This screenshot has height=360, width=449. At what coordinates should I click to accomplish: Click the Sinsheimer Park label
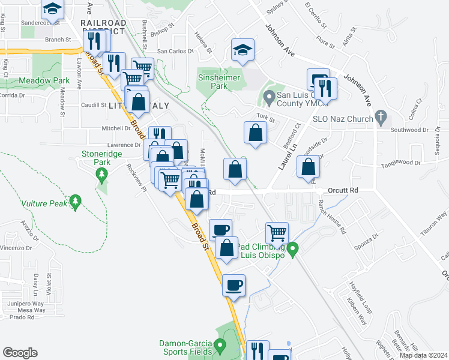coord(219,82)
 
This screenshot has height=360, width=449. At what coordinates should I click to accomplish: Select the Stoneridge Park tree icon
coord(101,175)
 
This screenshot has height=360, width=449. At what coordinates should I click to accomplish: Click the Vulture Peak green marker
coord(75,202)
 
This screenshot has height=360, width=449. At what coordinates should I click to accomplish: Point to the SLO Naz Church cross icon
coord(380,117)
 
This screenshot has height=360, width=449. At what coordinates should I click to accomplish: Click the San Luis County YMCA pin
coord(270,96)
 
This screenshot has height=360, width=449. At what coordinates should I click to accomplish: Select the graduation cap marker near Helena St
coord(243,51)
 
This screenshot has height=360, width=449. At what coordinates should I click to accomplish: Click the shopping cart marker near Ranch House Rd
coord(277,232)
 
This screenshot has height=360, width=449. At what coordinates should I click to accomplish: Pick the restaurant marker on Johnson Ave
coord(325,88)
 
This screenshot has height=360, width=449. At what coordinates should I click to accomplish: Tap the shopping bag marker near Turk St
coord(255,133)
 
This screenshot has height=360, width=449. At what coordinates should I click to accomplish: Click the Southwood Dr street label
coord(409,130)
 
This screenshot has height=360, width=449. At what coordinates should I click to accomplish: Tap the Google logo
coord(20,353)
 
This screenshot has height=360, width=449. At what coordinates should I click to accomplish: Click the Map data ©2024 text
coord(423,355)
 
